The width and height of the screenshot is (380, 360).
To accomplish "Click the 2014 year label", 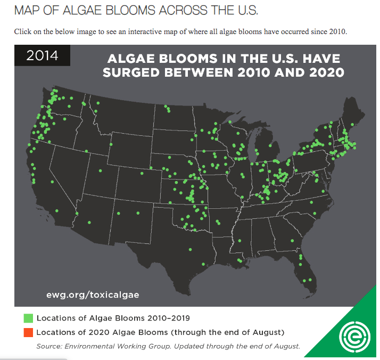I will click(x=42, y=55).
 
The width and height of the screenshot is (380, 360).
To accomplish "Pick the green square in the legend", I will click(x=28, y=318).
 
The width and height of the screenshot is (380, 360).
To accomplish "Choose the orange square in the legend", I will click(x=28, y=332).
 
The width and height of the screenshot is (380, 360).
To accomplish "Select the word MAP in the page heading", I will click(x=28, y=10).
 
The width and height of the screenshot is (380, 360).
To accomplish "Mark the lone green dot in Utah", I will click(x=99, y=171).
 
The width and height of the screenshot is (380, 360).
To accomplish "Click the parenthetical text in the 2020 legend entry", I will click(x=228, y=332).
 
